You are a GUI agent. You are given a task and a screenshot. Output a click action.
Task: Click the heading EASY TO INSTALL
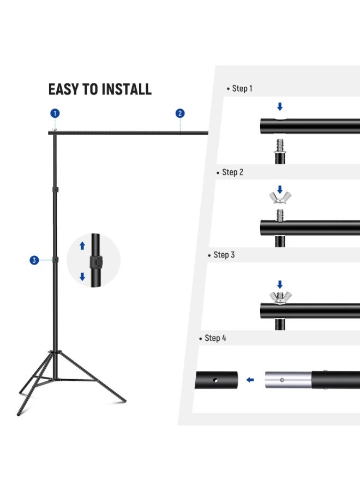100,89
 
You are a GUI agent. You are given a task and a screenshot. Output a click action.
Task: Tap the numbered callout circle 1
55,113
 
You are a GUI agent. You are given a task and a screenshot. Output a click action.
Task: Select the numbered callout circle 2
180,113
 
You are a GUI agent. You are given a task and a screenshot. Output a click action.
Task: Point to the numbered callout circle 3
34,260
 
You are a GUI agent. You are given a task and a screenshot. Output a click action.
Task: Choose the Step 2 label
232,172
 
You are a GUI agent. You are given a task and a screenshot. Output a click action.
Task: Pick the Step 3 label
224,255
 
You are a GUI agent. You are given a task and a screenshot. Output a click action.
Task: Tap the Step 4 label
215,338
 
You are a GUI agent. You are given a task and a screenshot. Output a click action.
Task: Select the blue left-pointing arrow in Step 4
250,380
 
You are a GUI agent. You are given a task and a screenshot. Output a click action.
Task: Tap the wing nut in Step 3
280,297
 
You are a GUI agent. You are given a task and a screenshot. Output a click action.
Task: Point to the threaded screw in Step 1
280,146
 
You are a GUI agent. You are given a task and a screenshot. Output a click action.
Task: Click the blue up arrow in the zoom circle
82,246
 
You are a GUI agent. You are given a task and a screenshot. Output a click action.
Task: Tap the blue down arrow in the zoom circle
82,277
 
